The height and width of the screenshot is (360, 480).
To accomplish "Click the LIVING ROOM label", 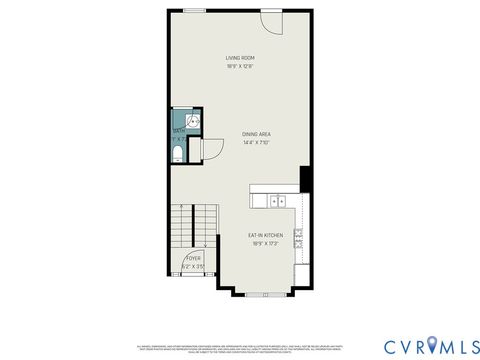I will click(239, 58).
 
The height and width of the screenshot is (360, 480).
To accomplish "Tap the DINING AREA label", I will click(257, 134).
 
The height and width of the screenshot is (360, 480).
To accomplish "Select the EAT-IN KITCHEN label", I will click(265, 235).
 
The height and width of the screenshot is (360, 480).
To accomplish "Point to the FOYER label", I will click(192, 258).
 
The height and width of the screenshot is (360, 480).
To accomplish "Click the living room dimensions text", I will click(239, 67).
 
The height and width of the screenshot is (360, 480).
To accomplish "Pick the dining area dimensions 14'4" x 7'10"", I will click(257, 143).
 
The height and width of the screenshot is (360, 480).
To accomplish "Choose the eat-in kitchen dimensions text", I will click(265, 244).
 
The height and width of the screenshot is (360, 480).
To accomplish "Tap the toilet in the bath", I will click(177, 153).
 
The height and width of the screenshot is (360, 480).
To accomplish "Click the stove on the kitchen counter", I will click(299, 238).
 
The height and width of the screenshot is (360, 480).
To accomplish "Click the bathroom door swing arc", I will click(210, 150).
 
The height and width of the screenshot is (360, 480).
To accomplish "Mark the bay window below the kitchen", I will click(265, 295).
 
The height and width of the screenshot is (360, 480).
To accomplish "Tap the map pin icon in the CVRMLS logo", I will click(431, 345).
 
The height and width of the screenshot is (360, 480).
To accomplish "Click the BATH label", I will click(178, 131).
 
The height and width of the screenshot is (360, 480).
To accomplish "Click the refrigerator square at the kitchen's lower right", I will click(302, 275).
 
